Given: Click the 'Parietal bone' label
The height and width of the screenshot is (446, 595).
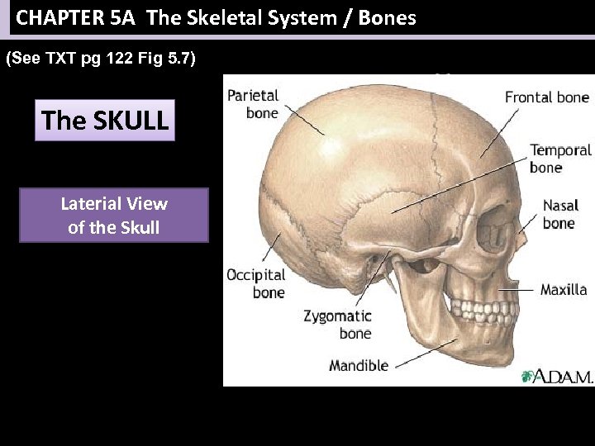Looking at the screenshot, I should coord(253,105).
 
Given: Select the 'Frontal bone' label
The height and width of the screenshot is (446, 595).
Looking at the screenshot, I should coord(546,97).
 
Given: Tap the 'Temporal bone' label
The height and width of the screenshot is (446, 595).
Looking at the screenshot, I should coord(560,159).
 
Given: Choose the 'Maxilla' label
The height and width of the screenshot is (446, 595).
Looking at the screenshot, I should coord(564,290).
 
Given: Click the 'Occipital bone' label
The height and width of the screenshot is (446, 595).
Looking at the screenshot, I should coord(255,283).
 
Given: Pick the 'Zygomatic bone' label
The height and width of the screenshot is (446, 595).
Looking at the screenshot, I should coord(337,325).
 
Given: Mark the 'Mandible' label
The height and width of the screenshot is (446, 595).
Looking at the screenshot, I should coord(359,365).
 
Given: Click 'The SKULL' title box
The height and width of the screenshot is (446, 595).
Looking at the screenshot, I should coord(105,121).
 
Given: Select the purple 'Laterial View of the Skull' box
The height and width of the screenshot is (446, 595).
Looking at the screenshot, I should coord(114,215).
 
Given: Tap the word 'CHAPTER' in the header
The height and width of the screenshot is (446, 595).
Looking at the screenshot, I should coord(57,17).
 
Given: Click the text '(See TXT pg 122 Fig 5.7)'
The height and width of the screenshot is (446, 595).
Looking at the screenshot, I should coord(101,59).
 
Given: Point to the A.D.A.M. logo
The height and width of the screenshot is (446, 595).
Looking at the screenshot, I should coord(557,377).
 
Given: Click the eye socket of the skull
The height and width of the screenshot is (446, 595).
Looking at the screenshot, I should coord(495,225).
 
